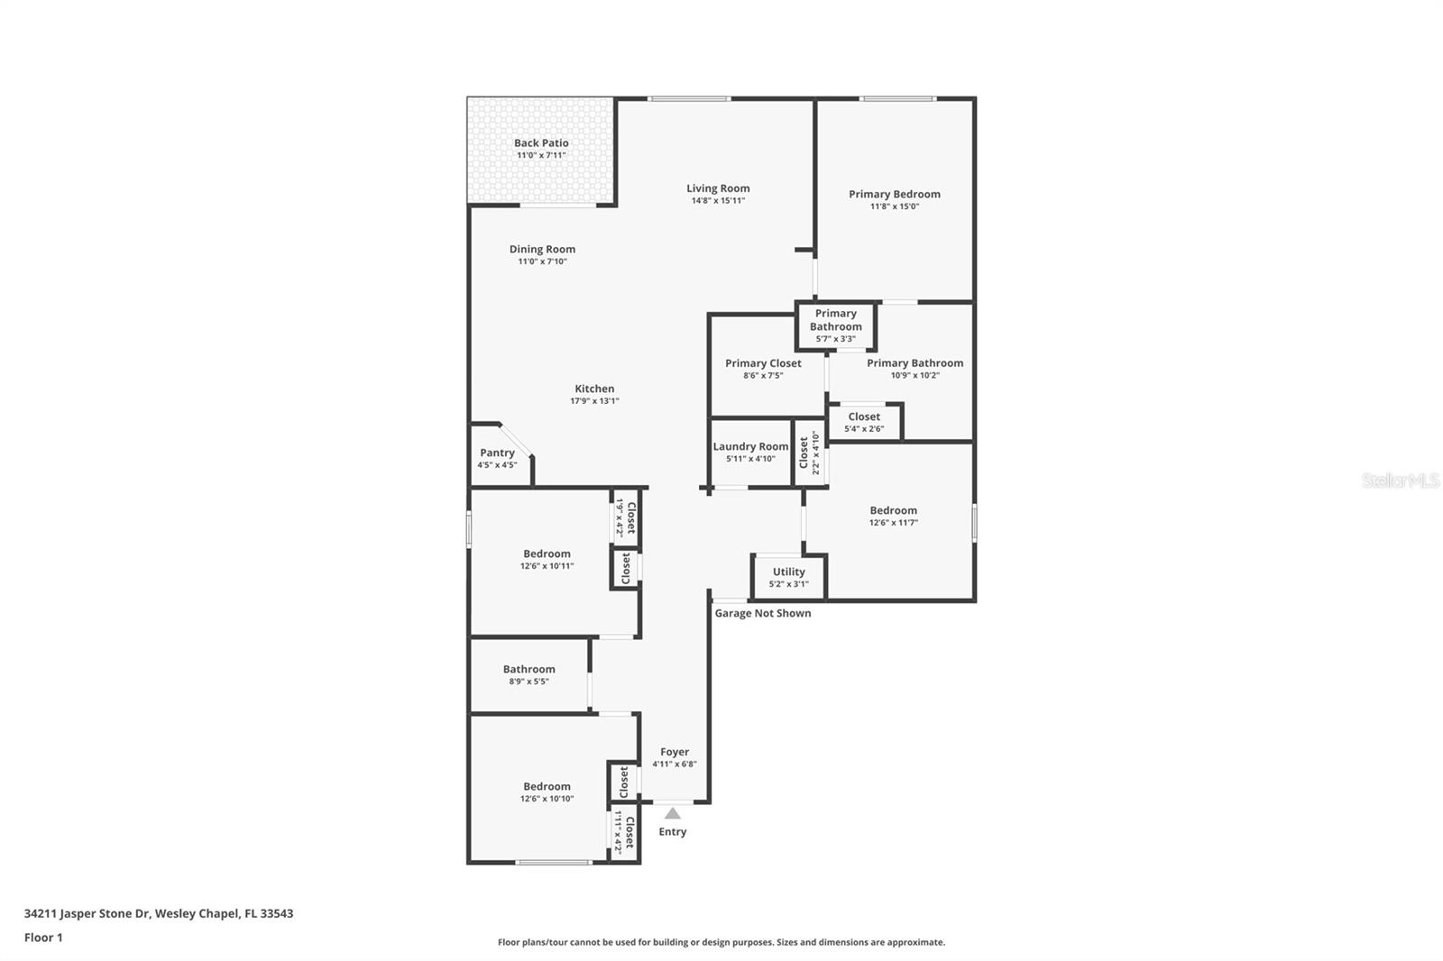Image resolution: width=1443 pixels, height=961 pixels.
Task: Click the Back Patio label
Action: tap(541, 143)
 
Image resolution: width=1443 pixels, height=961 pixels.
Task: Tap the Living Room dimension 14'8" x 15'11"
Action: tap(718, 200)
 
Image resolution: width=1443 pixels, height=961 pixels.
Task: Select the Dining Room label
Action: tap(542, 250)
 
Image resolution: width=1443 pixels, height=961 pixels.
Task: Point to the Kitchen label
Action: tap(594, 389)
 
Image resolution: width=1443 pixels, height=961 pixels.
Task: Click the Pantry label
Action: tap(497, 453)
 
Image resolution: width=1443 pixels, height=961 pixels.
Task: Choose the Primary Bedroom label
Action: tap(894, 194)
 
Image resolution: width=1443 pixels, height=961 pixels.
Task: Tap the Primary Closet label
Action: tap(763, 363)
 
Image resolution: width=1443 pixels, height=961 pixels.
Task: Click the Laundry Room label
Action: tap(750, 446)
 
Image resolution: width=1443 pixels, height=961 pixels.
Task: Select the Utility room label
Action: tap(789, 572)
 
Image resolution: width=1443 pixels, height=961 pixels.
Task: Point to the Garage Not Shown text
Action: tap(763, 613)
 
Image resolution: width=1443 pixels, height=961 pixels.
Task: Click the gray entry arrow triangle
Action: tap(673, 813)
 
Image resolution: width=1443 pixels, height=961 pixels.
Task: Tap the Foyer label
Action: tap(675, 752)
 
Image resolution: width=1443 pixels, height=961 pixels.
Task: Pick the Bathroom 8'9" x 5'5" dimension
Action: tap(528, 682)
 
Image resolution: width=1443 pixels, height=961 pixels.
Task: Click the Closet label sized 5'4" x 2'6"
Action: tap(864, 416)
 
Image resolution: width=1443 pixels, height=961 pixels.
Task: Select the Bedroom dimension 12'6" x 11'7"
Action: tap(894, 522)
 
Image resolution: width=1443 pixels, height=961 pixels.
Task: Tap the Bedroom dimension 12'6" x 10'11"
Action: tap(547, 566)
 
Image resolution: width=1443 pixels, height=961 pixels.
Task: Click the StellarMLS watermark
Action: tap(1401, 480)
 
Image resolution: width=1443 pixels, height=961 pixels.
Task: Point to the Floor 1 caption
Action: tap(44, 938)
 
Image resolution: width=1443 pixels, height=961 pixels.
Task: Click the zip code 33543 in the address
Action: tap(276, 913)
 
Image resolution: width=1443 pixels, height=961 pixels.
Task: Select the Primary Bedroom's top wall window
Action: tap(897, 98)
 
